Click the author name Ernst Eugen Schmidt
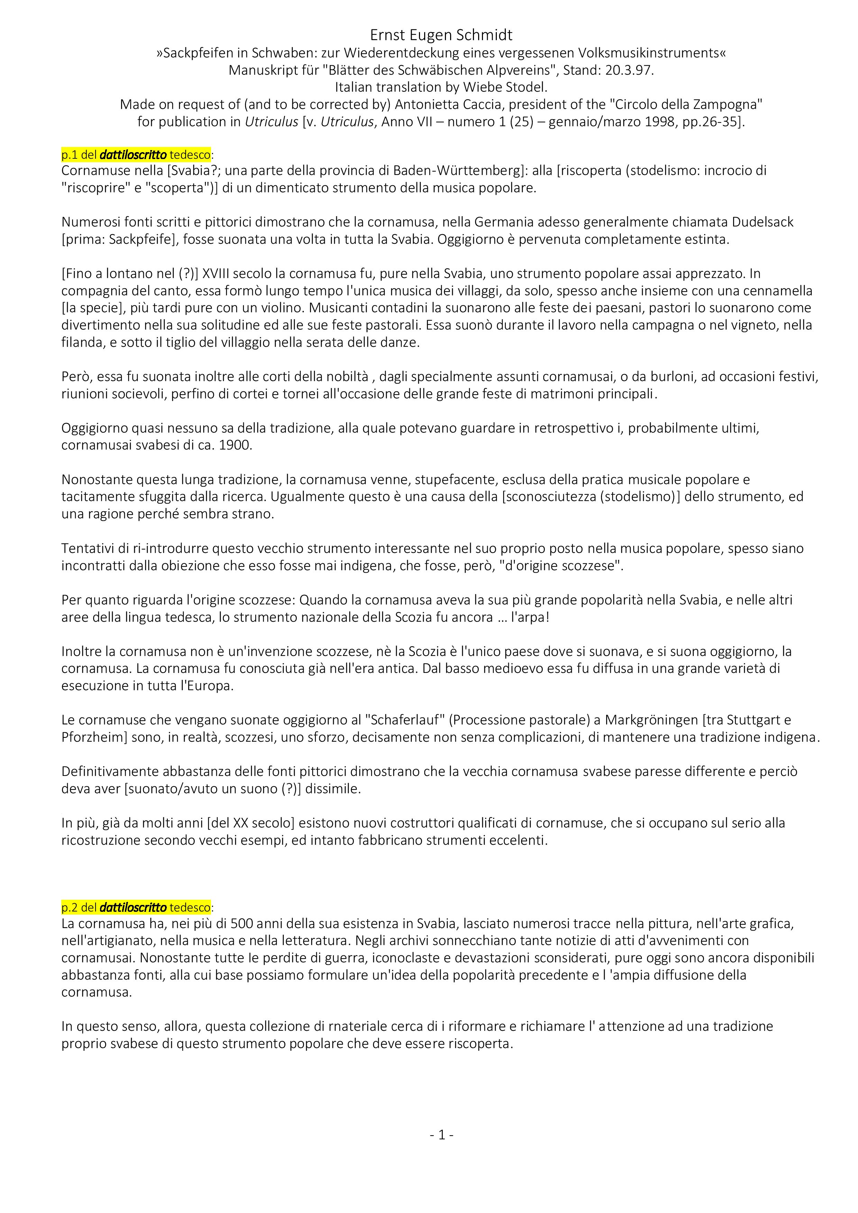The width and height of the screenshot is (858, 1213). (x=441, y=35)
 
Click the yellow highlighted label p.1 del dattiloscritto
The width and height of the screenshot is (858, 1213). (x=136, y=155)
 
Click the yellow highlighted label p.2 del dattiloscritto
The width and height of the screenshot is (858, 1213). (x=136, y=907)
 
